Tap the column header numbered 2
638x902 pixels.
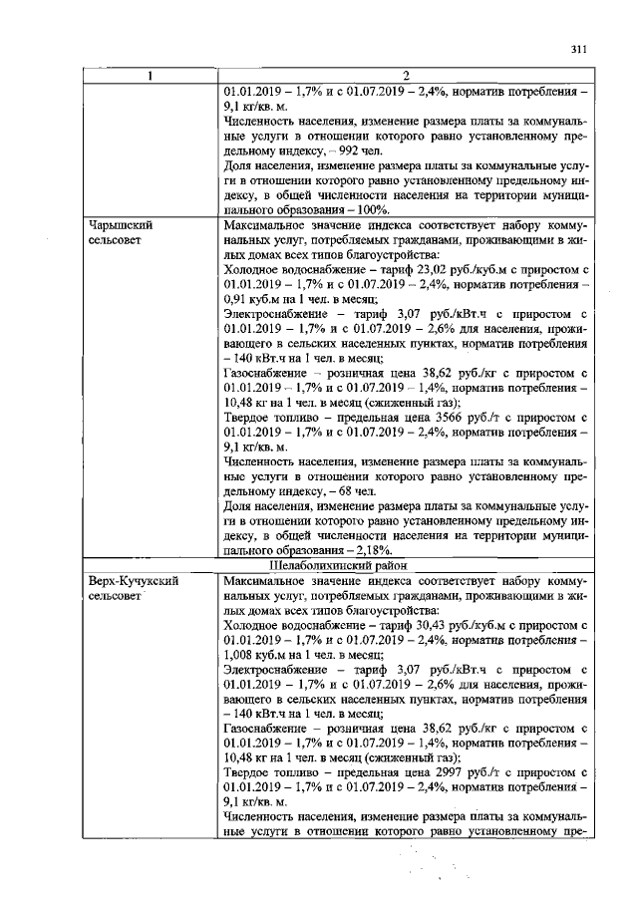coord(406,76)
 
